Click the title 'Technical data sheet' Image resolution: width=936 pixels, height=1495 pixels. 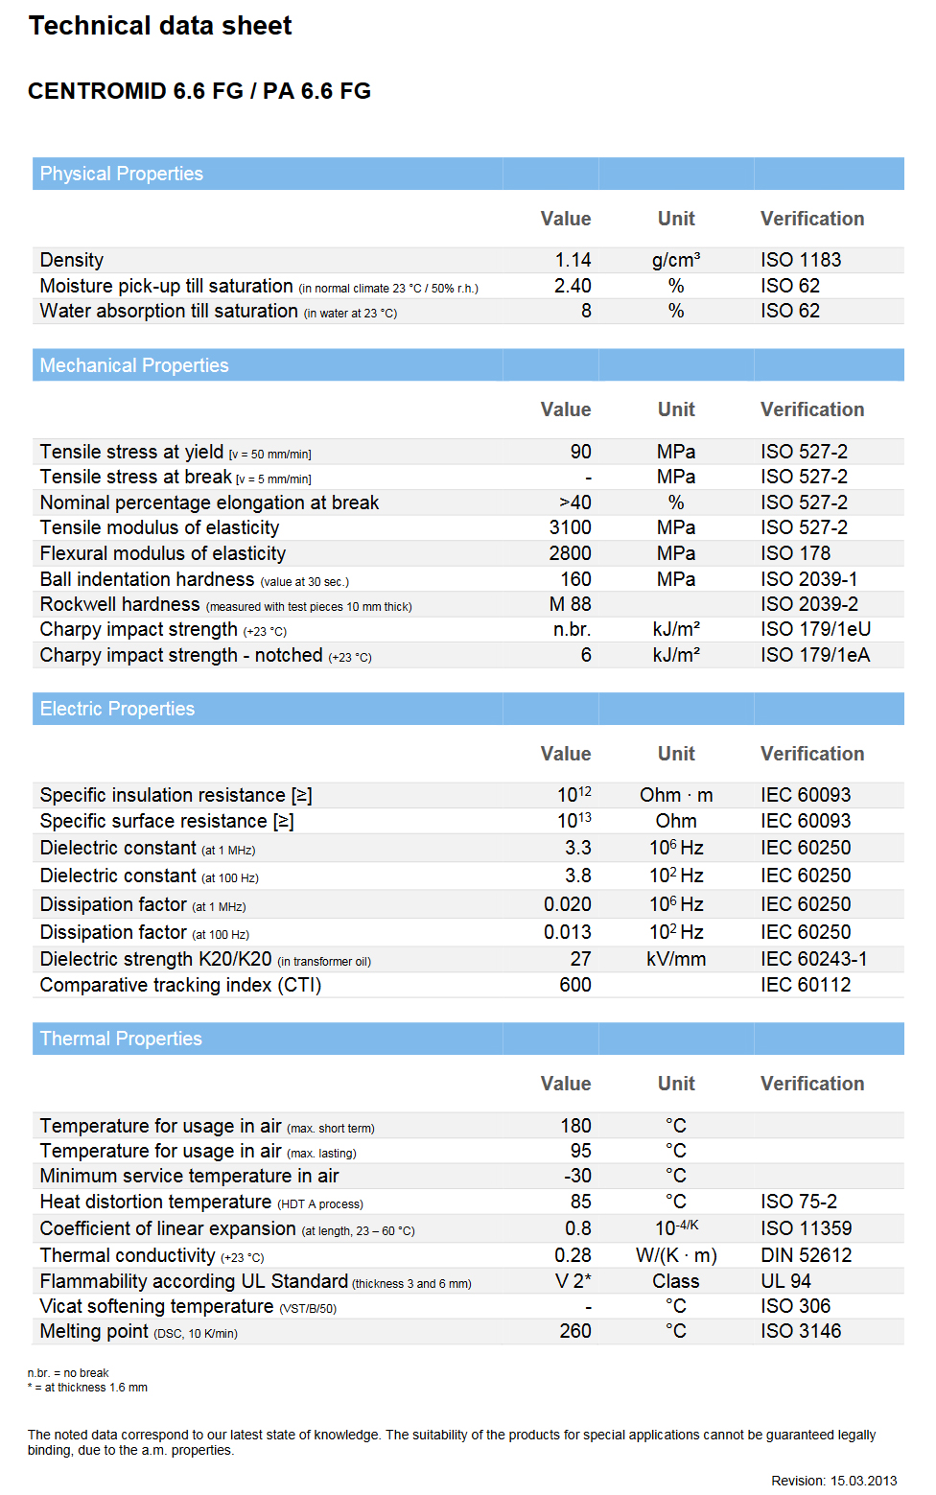pyautogui.click(x=160, y=26)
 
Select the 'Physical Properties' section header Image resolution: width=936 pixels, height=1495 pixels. pyautogui.click(x=122, y=174)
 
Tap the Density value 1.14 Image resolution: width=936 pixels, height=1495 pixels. pyautogui.click(x=573, y=260)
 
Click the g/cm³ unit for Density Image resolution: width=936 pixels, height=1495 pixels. pyautogui.click(x=676, y=260)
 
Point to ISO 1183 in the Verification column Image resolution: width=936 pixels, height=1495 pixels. pyautogui.click(x=801, y=260)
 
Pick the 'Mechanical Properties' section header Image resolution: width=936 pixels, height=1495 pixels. pyautogui.click(x=134, y=365)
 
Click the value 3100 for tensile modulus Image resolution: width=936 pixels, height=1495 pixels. pyautogui.click(x=570, y=527)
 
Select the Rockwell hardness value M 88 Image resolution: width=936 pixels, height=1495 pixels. pyautogui.click(x=570, y=604)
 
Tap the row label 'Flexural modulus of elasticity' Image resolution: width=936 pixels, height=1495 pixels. pyautogui.click(x=163, y=553)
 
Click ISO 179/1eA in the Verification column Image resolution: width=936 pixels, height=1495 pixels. pyautogui.click(x=815, y=655)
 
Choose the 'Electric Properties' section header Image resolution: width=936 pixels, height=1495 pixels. pyautogui.click(x=117, y=709)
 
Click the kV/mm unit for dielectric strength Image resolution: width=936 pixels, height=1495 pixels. pyautogui.click(x=676, y=959)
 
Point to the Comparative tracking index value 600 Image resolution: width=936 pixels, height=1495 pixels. pyautogui.click(x=575, y=985)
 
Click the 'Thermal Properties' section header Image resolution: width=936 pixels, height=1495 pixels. pyautogui.click(x=121, y=1039)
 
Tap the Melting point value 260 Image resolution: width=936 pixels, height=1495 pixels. pyautogui.click(x=575, y=1331)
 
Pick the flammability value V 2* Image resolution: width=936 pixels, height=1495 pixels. pyautogui.click(x=573, y=1281)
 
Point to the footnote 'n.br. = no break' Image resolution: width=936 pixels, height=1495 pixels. pyautogui.click(x=68, y=1373)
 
